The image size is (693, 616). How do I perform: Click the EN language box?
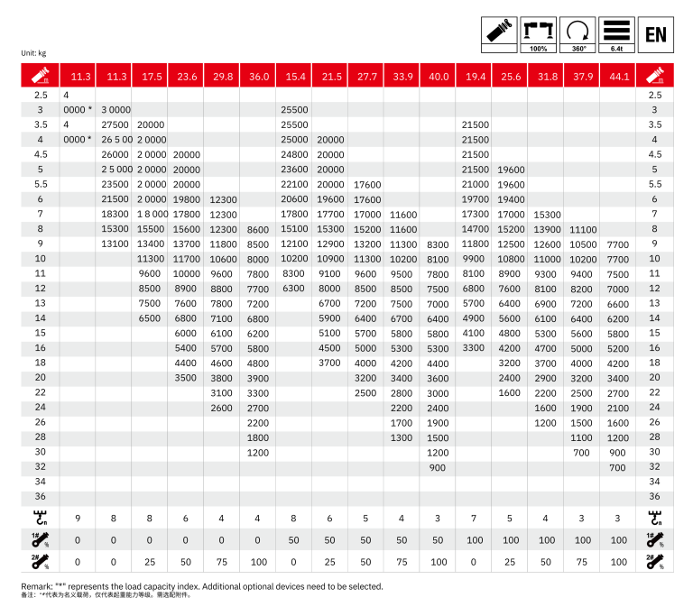pyautogui.click(x=656, y=36)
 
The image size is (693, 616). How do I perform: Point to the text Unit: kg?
pyautogui.click(x=34, y=53)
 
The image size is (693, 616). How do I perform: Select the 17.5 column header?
pyautogui.click(x=151, y=77)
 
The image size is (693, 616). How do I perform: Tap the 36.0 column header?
pyautogui.click(x=258, y=77)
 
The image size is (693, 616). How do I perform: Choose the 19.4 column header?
pyautogui.click(x=474, y=77)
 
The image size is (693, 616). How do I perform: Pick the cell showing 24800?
pyautogui.click(x=294, y=154)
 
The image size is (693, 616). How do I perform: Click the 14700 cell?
pyautogui.click(x=474, y=229)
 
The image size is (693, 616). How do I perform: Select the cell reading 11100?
pyautogui.click(x=582, y=229)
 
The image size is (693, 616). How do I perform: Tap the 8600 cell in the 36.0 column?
pyautogui.click(x=258, y=229)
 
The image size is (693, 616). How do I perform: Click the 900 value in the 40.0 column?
pyautogui.click(x=438, y=467)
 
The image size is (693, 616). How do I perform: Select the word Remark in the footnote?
pyautogui.click(x=37, y=586)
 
